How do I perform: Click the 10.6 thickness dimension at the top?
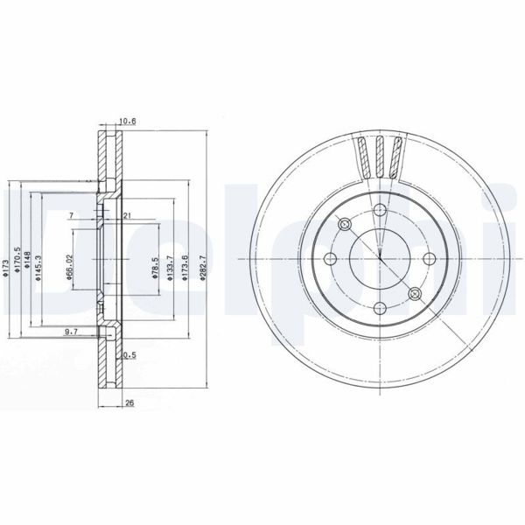[x=128, y=122]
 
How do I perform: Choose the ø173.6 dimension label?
[x=185, y=263]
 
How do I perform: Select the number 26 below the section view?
[x=129, y=403]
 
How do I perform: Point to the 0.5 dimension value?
[x=129, y=354]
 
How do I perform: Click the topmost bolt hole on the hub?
[x=380, y=209]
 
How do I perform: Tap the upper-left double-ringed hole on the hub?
[x=345, y=225]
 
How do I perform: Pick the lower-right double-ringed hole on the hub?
[x=415, y=294]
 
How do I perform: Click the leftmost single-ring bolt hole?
[x=331, y=259]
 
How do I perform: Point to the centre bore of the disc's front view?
[x=381, y=259]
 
